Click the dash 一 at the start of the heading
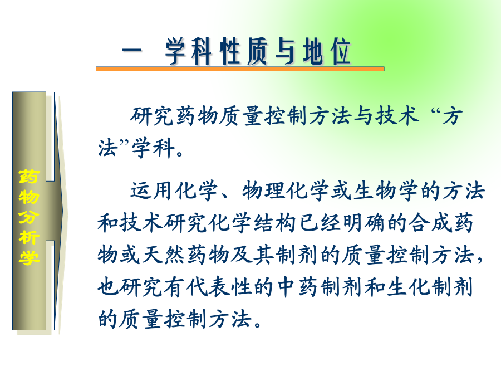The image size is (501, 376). tap(131, 51)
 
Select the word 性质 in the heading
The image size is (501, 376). tap(244, 51)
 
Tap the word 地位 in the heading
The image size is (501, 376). tap(327, 51)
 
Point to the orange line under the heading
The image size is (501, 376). tap(240, 69)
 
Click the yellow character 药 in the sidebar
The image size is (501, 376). tap(29, 177)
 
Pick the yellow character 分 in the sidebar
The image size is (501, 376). tap(29, 217)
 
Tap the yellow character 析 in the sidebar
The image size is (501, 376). tap(29, 237)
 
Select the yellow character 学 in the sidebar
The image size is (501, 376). tap(29, 257)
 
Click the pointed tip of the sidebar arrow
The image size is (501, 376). tap(67, 212)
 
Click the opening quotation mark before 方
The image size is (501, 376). tap(436, 113)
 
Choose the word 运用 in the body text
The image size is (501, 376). tap(151, 191)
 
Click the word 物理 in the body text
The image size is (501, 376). tap(263, 191)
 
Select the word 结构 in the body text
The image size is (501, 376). tap(275, 223)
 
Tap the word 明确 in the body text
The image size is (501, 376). tap(364, 223)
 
